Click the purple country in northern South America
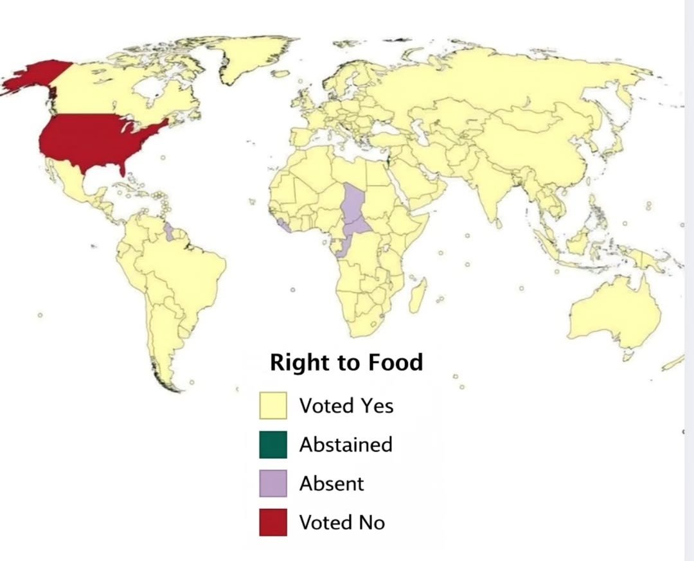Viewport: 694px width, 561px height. coord(169,233)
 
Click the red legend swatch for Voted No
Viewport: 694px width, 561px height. coord(273,522)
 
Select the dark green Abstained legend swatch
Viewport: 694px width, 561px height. coord(273,445)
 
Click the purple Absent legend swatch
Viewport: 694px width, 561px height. coord(273,483)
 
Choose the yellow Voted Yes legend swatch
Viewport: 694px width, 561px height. coord(273,406)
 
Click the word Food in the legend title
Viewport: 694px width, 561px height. coord(395,362)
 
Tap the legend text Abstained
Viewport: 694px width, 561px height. coord(346,445)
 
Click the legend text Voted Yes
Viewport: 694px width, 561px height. coord(346,406)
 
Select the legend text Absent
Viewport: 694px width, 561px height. coord(332,483)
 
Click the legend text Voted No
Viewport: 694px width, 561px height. coord(342,522)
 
